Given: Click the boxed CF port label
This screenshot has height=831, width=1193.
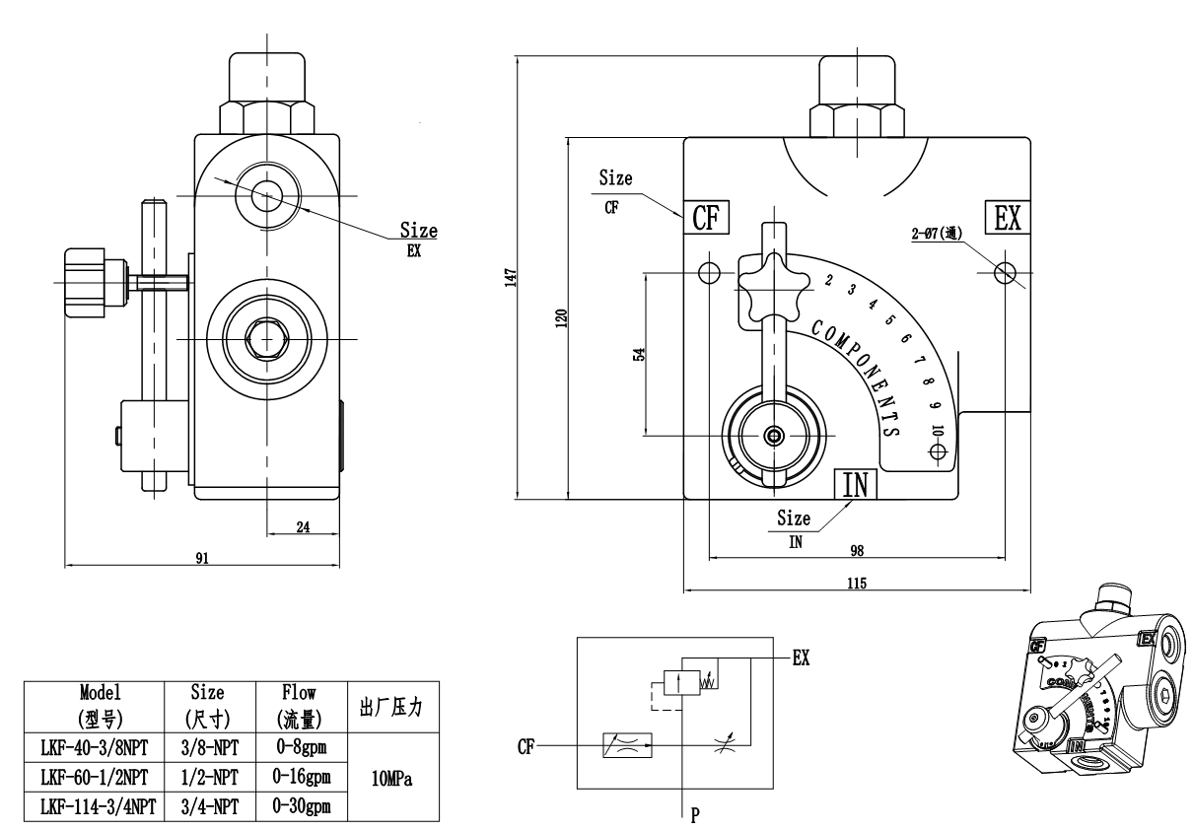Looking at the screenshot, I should [706, 218].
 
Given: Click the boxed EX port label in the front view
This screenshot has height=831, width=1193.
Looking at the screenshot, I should [1007, 218].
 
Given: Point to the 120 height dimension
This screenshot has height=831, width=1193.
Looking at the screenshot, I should [560, 317].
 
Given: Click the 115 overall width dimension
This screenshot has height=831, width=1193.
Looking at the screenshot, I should [856, 584].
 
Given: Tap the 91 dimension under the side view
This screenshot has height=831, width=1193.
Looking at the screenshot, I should [201, 558].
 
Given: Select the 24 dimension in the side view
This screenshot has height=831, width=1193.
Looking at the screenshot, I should [303, 527].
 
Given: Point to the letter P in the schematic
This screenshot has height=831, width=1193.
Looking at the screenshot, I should [697, 814].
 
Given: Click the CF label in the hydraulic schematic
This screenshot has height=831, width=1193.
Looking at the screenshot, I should [526, 747].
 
